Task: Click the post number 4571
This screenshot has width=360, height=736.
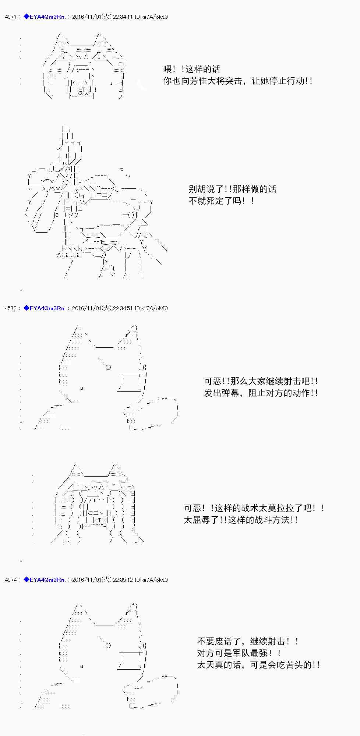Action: (x=10, y=17)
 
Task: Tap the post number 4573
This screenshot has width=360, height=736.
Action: (x=10, y=308)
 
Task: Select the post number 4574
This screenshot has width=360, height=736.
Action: (x=10, y=580)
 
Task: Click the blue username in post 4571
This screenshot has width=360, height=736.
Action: (x=45, y=17)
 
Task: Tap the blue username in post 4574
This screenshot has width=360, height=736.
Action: (x=45, y=580)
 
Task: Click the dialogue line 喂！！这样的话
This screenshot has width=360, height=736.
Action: (x=192, y=69)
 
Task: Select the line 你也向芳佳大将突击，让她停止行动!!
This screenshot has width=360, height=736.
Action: (x=238, y=81)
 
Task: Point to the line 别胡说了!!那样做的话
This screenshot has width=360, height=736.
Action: (x=232, y=189)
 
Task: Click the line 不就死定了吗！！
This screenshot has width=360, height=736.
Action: (x=221, y=201)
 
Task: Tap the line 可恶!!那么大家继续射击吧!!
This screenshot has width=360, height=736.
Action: (x=261, y=381)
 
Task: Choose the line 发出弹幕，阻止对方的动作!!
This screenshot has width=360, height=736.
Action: (x=261, y=393)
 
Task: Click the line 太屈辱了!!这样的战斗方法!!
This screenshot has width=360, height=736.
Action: (x=241, y=520)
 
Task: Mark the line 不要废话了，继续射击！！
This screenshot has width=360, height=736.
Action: (x=248, y=641)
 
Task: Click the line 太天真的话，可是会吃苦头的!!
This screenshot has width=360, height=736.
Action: (x=258, y=665)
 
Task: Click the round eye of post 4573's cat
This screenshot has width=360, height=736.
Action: (x=108, y=367)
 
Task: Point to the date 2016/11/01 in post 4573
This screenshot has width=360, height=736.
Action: (x=87, y=308)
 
